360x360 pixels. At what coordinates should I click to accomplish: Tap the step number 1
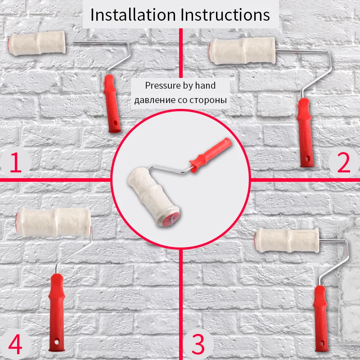(x=16, y=163)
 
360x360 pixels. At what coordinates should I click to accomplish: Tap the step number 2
(x=344, y=163)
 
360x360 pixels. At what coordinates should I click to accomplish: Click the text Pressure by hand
(x=180, y=85)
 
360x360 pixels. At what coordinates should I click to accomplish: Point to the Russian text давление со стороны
(x=180, y=100)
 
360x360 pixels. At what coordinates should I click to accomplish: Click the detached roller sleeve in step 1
(x=37, y=43)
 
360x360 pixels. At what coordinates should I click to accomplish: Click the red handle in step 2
(x=305, y=133)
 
